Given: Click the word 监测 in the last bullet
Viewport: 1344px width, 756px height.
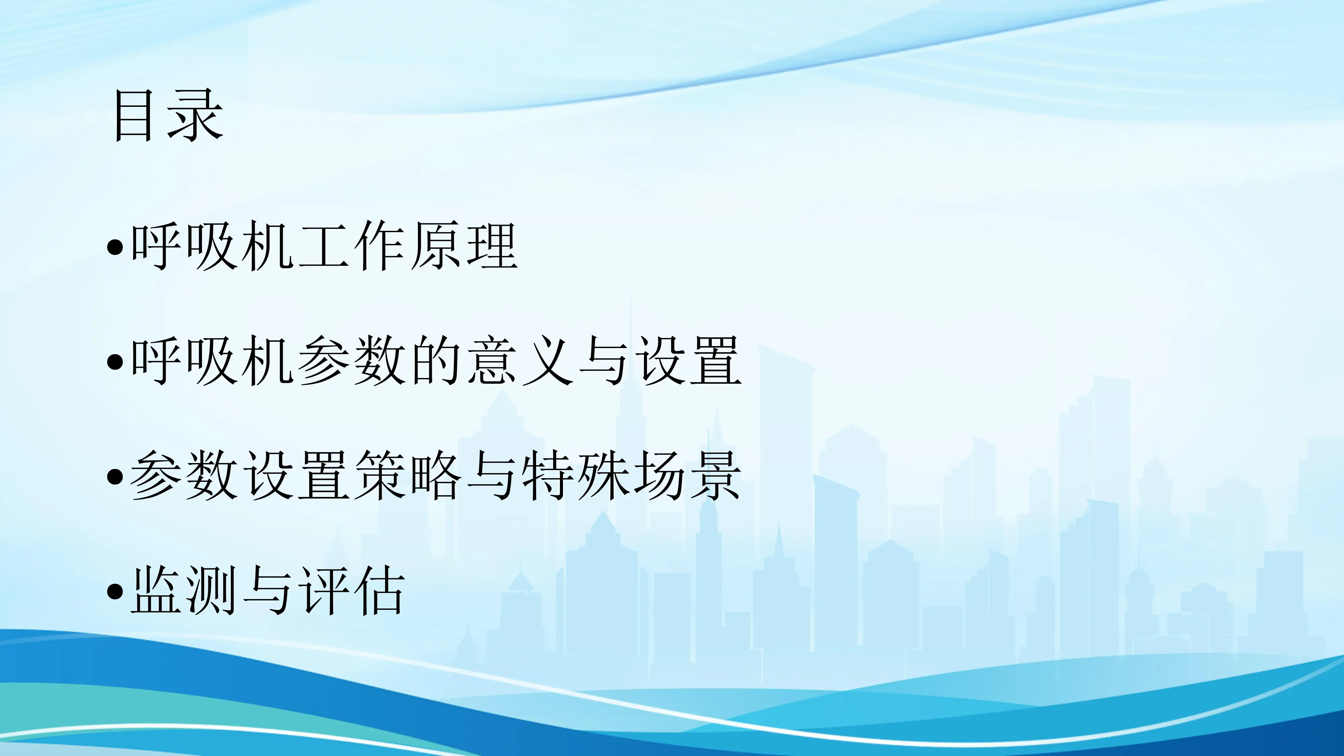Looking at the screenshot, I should (186, 591).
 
